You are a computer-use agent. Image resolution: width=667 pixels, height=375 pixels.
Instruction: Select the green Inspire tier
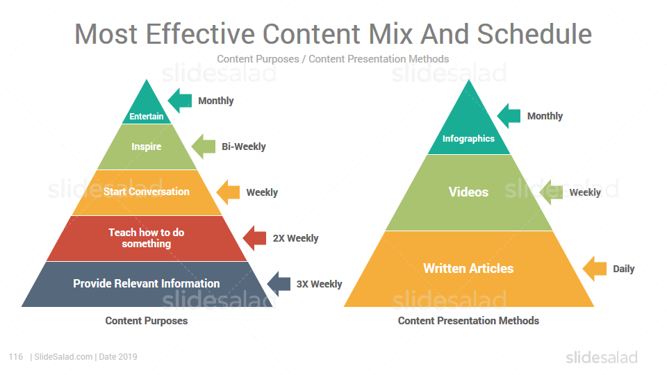[x=147, y=147]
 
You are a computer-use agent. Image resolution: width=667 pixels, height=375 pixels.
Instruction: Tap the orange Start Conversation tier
[x=147, y=192]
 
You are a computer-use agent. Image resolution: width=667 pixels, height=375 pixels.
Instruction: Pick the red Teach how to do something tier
[x=147, y=238]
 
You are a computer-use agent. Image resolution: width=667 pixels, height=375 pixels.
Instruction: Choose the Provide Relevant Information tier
[x=147, y=284]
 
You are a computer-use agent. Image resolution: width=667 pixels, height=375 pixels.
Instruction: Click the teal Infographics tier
[x=469, y=128]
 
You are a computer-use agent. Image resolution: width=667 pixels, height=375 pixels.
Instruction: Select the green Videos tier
[x=469, y=192]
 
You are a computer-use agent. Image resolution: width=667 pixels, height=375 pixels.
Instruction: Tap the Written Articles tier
[x=469, y=269]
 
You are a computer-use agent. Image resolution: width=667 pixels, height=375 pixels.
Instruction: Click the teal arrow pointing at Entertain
[x=180, y=101]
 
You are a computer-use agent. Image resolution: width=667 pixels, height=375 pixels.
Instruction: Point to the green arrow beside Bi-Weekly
[x=204, y=147]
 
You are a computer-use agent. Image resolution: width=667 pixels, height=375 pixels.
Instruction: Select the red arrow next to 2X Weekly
[x=254, y=238]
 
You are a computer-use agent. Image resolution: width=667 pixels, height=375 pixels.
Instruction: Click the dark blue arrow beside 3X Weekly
[x=279, y=284]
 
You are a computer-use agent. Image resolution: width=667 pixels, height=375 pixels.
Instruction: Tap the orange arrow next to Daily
[x=594, y=269]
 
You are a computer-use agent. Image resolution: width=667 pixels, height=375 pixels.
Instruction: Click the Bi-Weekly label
[x=244, y=147]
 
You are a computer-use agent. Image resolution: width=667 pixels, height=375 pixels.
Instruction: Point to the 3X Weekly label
[x=319, y=284]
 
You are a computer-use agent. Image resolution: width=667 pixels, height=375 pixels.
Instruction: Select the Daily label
[x=624, y=269]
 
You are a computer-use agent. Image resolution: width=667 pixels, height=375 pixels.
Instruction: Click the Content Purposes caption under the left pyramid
[x=147, y=321]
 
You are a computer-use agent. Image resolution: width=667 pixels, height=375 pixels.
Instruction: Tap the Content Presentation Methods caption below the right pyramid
[x=468, y=321]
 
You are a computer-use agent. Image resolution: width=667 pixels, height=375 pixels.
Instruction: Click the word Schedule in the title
[x=534, y=33]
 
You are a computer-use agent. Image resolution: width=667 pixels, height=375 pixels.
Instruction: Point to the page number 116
[x=16, y=357]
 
